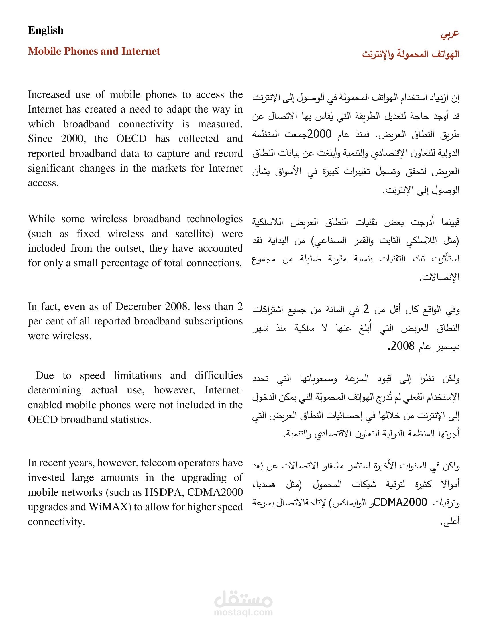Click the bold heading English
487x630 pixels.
click(x=46, y=30)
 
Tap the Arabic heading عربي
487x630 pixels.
click(x=450, y=34)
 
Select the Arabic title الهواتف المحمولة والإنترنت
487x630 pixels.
click(x=411, y=54)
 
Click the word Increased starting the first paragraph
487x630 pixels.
click(x=49, y=94)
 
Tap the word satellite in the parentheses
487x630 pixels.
click(x=194, y=234)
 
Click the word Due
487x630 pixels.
click(x=45, y=375)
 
